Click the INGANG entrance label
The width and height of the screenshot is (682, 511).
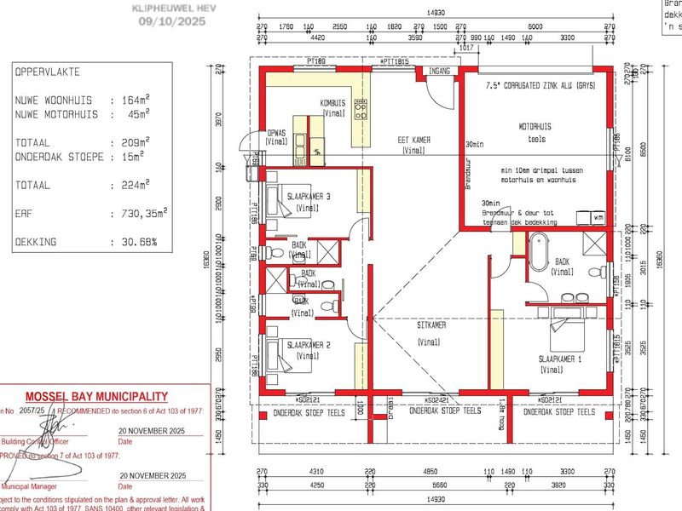click(440, 71)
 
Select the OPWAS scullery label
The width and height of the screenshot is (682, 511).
click(276, 134)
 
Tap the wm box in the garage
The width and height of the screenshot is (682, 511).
click(598, 218)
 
